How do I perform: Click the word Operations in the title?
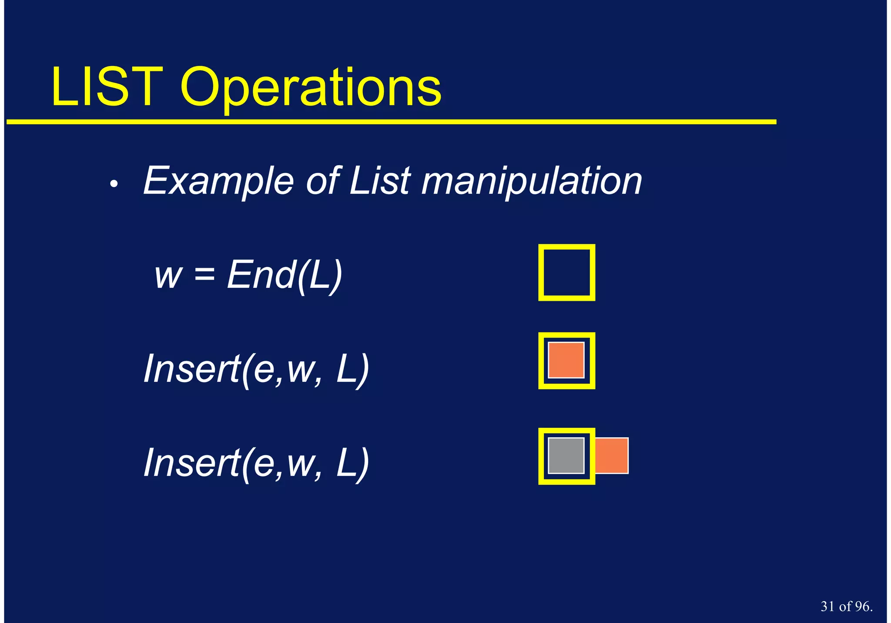click(311, 89)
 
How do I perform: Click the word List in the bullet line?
click(380, 180)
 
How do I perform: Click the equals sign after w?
click(204, 275)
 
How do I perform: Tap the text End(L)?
click(285, 275)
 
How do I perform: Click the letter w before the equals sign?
click(168, 277)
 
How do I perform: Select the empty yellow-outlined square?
click(566, 273)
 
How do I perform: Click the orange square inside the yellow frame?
click(566, 360)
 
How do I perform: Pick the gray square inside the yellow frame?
click(566, 455)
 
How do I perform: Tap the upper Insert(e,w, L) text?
click(257, 369)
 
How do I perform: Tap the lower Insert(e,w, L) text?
click(257, 463)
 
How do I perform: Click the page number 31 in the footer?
click(828, 606)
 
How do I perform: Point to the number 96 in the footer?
click(862, 606)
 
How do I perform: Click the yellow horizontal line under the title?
click(392, 122)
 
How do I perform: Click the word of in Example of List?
click(322, 180)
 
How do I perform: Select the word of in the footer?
click(845, 606)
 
